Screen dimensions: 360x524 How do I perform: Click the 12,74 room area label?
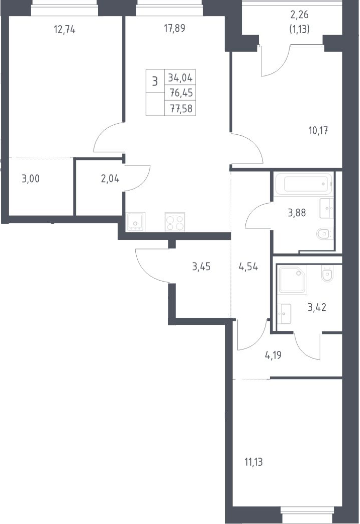click(x=64, y=30)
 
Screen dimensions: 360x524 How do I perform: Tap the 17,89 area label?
click(x=174, y=29)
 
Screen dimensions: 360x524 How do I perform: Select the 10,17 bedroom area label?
click(x=318, y=131)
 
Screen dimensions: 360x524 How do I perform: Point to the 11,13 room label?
click(x=254, y=462)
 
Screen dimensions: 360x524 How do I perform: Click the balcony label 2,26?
click(x=300, y=15)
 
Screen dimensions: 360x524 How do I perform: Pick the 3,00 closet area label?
click(x=31, y=179)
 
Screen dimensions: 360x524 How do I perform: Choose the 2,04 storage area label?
click(x=110, y=179)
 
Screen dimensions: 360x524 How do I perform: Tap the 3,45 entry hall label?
click(x=201, y=267)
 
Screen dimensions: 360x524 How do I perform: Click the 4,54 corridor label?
click(x=248, y=267)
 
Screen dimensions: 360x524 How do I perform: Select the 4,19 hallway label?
click(x=273, y=355)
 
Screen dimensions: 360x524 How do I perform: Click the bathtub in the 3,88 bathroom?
click(x=304, y=184)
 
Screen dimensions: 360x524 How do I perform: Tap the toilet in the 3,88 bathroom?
click(x=325, y=234)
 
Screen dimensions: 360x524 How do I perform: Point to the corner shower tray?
click(x=292, y=280)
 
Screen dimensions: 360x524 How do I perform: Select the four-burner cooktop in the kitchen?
click(x=175, y=222)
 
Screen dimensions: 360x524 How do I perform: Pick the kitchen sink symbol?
click(x=135, y=222)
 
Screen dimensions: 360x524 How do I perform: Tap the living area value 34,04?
click(x=180, y=78)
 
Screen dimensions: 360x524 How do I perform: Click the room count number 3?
click(x=155, y=81)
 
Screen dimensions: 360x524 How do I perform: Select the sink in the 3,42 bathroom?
click(x=284, y=314)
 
